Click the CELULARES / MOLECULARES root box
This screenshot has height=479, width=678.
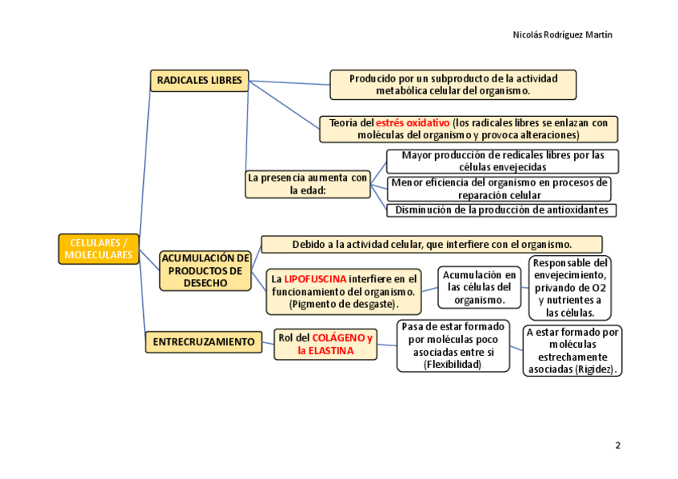pos(98,249)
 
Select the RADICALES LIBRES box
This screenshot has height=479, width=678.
pos(199,81)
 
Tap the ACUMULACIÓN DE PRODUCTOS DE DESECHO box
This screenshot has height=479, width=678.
pos(205,270)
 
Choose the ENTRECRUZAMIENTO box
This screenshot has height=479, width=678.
pos(203,341)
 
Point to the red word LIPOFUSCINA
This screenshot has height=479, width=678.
pos(315,279)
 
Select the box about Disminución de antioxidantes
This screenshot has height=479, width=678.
pos(502,210)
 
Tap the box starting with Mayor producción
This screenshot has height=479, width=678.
pos(502,162)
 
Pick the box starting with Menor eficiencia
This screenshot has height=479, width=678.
pos(499,189)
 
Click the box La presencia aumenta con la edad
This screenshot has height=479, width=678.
pos(307,185)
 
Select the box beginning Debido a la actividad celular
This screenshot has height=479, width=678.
pos(432,244)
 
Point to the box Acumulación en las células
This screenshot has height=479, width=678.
pos(480,287)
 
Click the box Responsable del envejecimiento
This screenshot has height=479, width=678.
pos(570,287)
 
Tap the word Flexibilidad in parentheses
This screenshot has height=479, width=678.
pos(453,365)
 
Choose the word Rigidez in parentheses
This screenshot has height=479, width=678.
pos(595,369)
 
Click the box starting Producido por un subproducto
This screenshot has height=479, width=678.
pos(453,85)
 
